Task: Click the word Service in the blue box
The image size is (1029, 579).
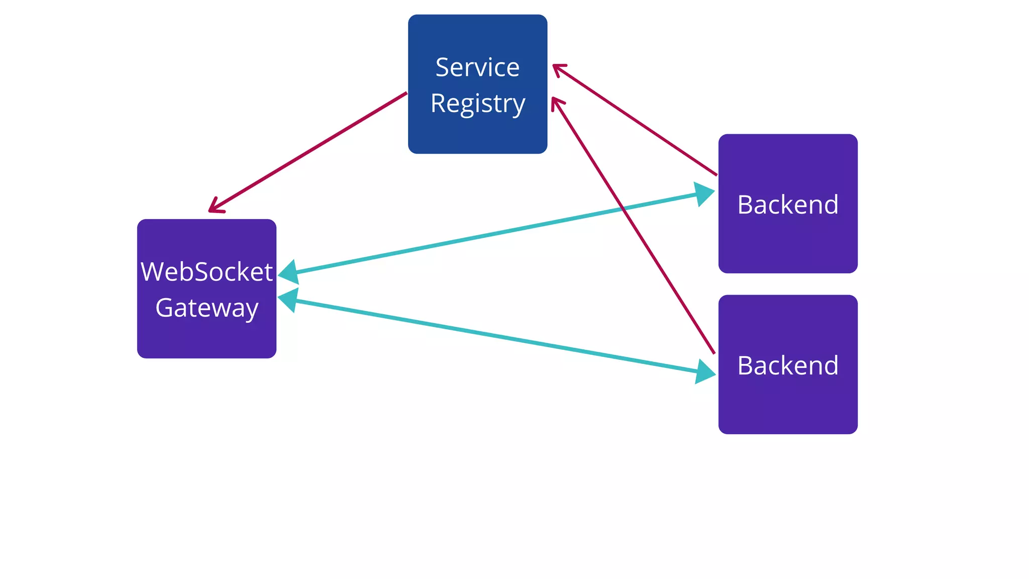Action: (x=477, y=67)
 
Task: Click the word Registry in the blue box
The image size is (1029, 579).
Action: (x=477, y=104)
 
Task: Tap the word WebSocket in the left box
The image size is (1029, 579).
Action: (x=207, y=272)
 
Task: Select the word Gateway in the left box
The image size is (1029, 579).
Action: (x=207, y=308)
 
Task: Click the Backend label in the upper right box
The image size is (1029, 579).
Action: (x=788, y=205)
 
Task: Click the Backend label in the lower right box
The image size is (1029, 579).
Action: (x=788, y=365)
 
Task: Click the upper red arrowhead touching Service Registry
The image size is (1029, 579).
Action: (x=558, y=68)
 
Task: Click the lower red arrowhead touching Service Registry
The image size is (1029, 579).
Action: (x=556, y=103)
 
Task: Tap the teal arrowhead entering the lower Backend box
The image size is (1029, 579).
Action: (x=706, y=372)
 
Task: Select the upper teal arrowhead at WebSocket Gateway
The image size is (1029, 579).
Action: (x=288, y=273)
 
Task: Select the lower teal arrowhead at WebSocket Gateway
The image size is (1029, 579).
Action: (x=287, y=300)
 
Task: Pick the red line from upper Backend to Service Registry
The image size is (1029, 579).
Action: (x=636, y=121)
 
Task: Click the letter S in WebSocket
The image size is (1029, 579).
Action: (x=202, y=272)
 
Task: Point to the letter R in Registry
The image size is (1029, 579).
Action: (x=438, y=104)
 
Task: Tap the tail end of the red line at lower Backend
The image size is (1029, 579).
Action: (x=713, y=352)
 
